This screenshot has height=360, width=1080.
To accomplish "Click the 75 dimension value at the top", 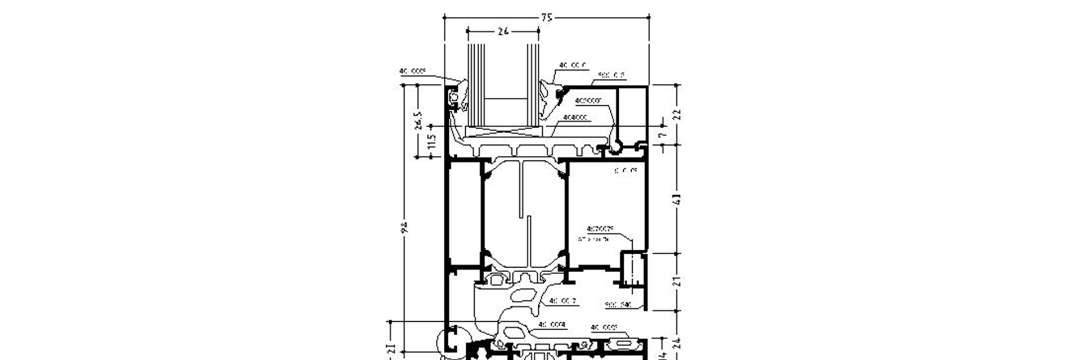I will point(546,18).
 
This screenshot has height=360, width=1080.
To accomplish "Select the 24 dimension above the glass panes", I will point(503,32).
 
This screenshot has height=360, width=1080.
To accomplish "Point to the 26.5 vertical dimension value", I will point(418,120).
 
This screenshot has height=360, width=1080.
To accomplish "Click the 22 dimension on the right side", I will point(677,114).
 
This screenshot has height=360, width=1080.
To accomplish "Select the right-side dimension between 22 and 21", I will point(677,199).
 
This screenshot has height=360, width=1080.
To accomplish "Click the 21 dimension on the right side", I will point(677,281).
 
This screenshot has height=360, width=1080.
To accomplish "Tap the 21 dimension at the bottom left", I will point(392,350).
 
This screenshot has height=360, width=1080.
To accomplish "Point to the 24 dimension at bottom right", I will point(677,343).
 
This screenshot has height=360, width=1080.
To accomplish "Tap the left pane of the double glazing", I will point(476,84).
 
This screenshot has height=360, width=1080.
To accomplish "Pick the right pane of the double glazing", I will point(532,84).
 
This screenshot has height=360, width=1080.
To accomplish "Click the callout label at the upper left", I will point(412,71).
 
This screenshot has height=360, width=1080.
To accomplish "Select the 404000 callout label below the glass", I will point(575,118).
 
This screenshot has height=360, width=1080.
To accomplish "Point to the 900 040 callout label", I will point(618,305).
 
